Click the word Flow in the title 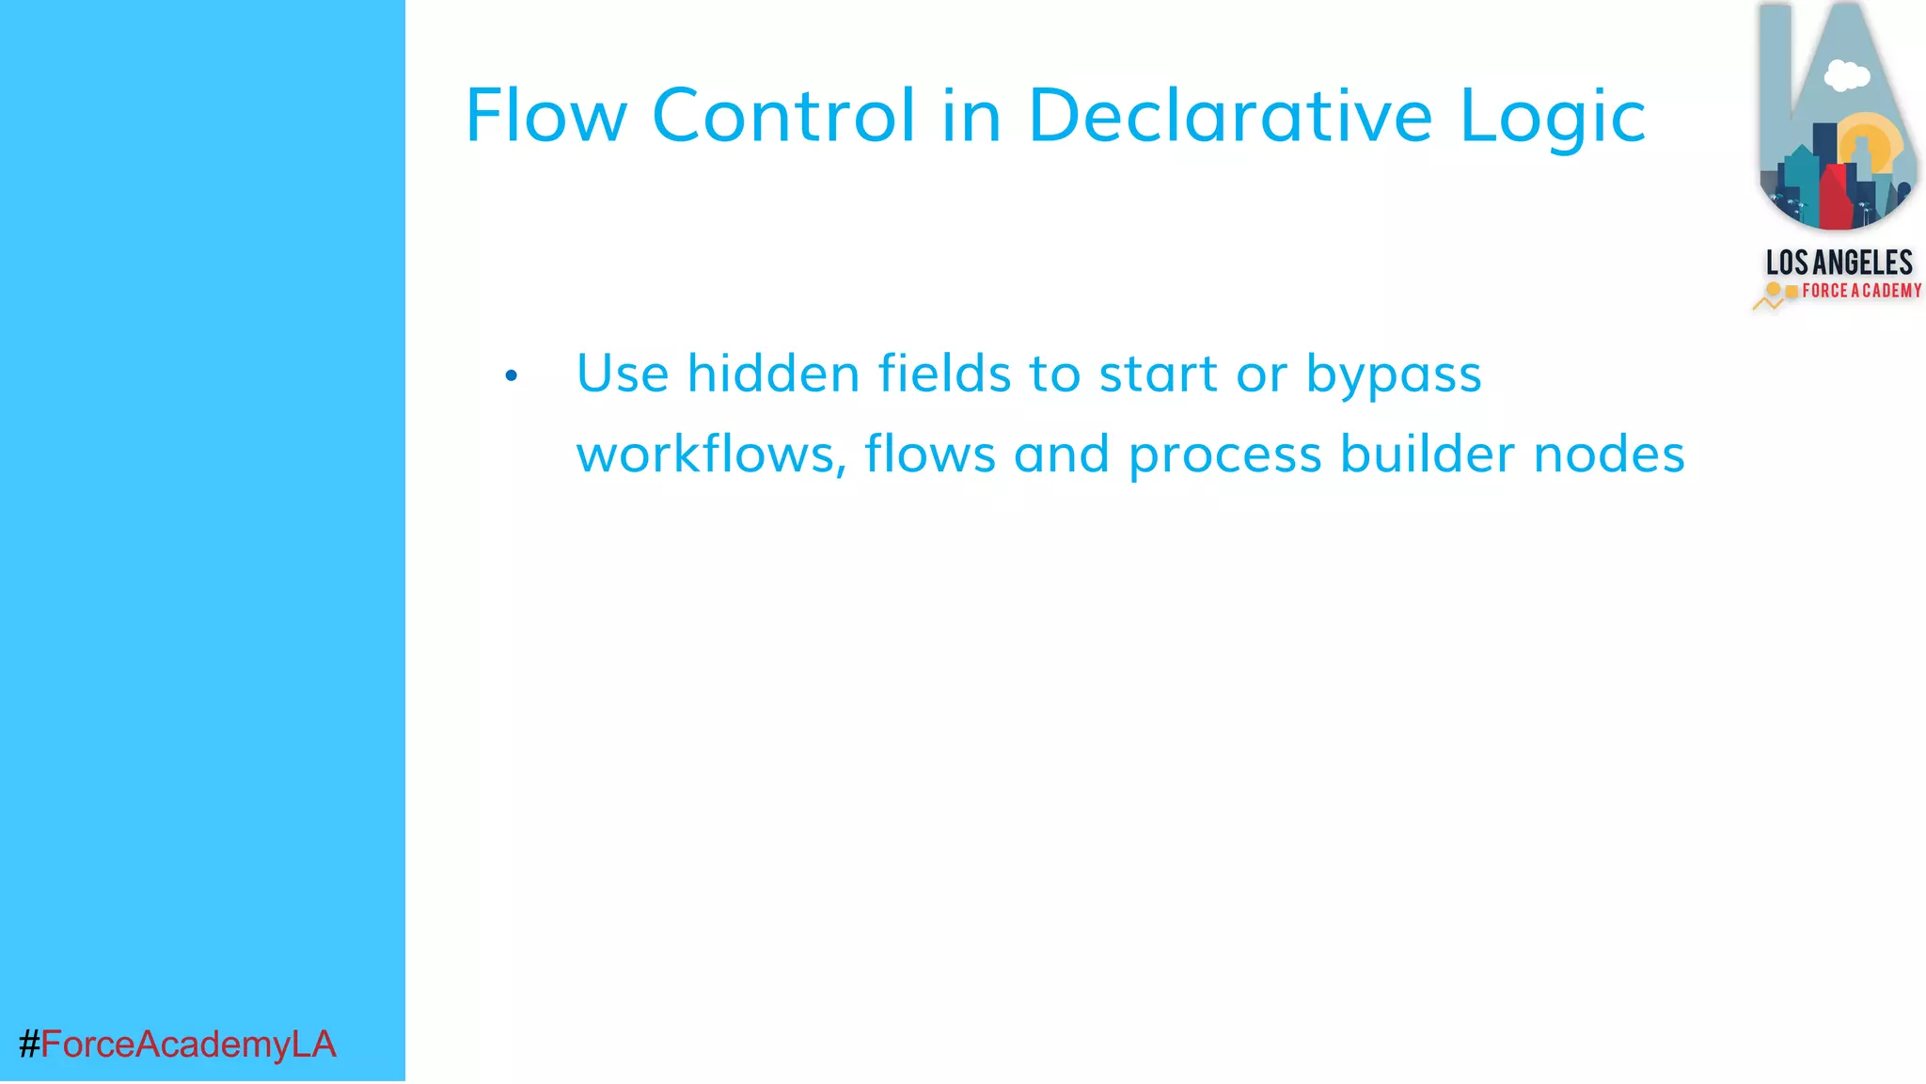tap(545, 116)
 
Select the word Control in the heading tap(783, 116)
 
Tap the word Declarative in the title tap(1230, 116)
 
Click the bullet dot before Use tap(511, 376)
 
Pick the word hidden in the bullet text tap(773, 374)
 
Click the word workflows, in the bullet tap(711, 454)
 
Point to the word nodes tap(1608, 454)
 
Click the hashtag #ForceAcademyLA tap(177, 1044)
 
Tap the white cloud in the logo tap(1846, 75)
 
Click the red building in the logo tap(1836, 196)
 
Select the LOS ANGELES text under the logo tap(1839, 263)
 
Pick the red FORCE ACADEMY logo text tap(1861, 291)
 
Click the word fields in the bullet tap(944, 374)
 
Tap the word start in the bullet tap(1159, 374)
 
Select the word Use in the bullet tap(622, 374)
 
